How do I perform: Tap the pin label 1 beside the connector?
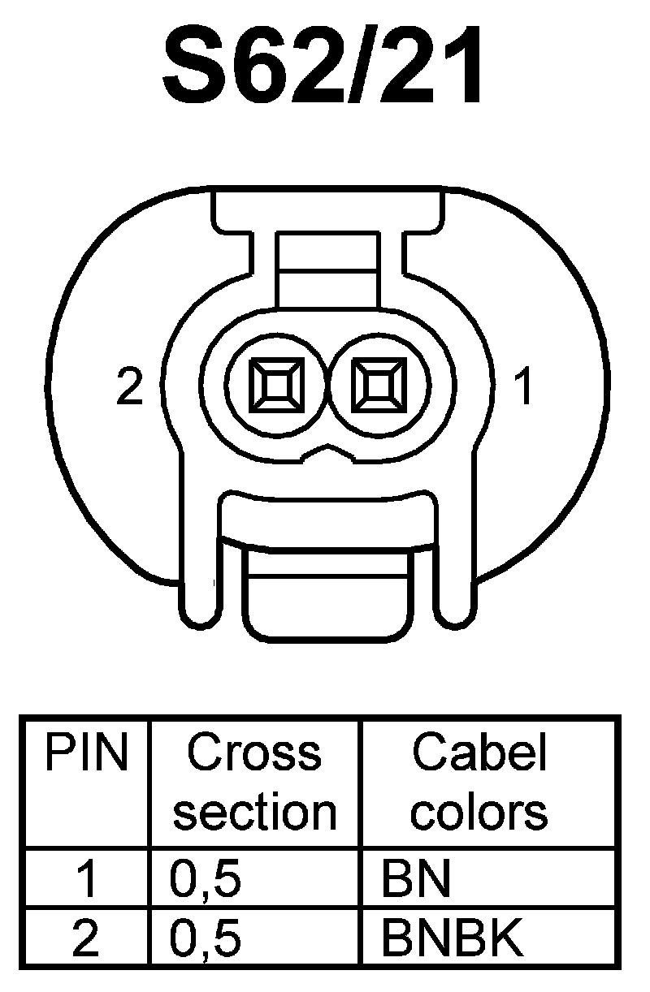524,386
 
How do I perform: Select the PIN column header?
86,754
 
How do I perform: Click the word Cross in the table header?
254,754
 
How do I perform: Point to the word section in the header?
254,811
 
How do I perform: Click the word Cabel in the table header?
479,754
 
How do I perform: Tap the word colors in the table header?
479,811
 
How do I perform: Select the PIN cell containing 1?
86,880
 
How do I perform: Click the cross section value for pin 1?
206,880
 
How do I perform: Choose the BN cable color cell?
416,880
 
